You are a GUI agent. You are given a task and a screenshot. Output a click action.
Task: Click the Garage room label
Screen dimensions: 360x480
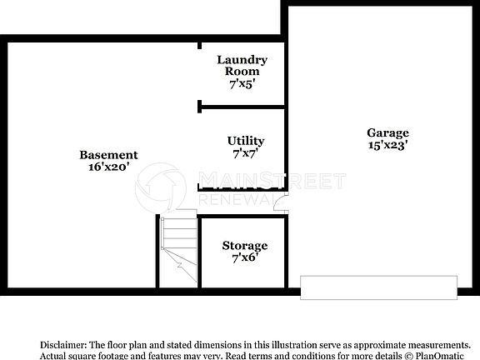tap(388, 132)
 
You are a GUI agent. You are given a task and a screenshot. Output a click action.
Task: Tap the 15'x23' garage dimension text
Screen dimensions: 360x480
tap(388, 145)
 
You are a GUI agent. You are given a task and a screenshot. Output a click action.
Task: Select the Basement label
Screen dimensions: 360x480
tap(108, 154)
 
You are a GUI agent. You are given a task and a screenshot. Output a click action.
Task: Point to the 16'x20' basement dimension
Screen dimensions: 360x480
tap(108, 167)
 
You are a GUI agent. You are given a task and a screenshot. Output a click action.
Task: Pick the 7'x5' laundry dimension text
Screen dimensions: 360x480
tap(242, 83)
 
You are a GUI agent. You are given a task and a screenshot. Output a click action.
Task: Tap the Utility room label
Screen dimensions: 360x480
tap(246, 141)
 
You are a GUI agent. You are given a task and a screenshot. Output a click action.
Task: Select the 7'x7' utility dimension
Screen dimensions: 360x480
tap(246, 153)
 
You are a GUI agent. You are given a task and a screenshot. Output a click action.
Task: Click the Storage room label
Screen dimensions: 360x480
tap(244, 246)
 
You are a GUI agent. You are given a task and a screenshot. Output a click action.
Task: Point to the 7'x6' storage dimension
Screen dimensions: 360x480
tap(244, 258)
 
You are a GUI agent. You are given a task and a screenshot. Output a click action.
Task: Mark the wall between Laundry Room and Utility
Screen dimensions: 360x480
tap(242, 106)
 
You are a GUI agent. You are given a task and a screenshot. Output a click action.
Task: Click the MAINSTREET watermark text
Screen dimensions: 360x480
tap(271, 180)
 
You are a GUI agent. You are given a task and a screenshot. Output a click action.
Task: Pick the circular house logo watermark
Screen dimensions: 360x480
tap(162, 187)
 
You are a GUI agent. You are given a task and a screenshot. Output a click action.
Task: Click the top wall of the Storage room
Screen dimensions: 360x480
tap(242, 217)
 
